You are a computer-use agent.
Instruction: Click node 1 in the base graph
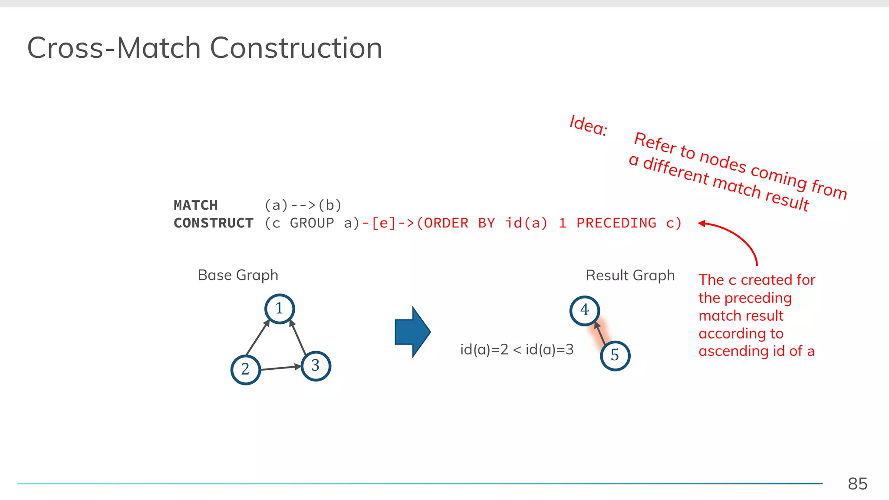(280, 309)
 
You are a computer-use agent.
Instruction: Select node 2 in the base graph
(246, 369)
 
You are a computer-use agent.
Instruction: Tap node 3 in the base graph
(316, 366)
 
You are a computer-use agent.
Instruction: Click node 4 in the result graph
(585, 310)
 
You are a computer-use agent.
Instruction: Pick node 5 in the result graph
(615, 355)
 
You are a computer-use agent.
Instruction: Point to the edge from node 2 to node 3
(280, 368)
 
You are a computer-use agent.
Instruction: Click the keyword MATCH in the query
(196, 205)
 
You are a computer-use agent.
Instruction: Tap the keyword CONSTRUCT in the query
(214, 223)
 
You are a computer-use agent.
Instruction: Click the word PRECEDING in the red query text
(616, 223)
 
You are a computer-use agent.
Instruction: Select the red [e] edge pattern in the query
(384, 223)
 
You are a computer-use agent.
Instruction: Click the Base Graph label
(238, 275)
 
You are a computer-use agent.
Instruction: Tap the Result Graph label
(630, 276)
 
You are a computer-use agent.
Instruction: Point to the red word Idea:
(588, 125)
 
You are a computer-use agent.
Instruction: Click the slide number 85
(857, 484)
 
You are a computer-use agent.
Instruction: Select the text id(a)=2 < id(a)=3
(517, 349)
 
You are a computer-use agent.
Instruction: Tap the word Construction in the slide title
(296, 48)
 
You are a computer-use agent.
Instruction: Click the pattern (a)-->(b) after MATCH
(303, 205)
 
